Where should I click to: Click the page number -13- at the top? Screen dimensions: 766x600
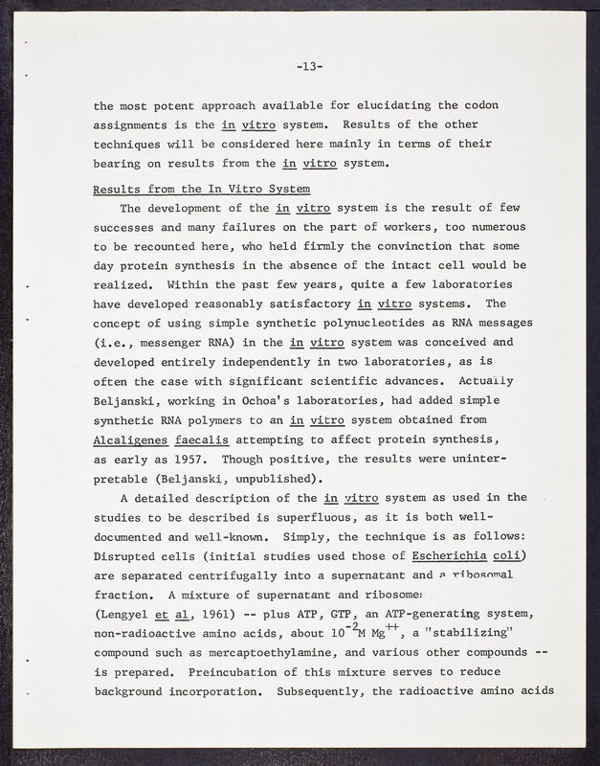(309, 66)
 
